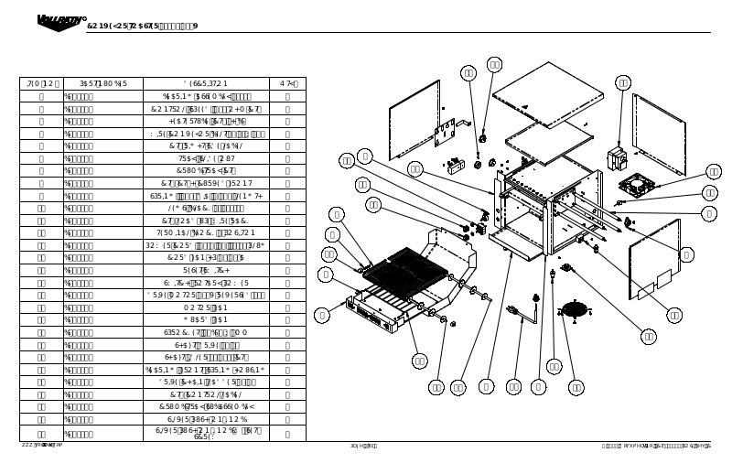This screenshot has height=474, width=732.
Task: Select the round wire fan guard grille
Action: [x=575, y=309]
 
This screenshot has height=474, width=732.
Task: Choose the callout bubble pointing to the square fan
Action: [x=714, y=172]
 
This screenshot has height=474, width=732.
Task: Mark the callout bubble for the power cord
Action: [x=514, y=387]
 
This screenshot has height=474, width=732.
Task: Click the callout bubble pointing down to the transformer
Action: [x=623, y=83]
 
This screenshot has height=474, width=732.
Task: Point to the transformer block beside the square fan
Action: [x=616, y=158]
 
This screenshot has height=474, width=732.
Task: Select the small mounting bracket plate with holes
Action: [x=446, y=133]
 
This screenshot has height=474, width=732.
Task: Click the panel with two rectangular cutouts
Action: [x=654, y=259]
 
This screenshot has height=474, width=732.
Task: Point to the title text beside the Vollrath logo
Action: [x=142, y=27]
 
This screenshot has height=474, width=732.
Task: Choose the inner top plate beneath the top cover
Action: [x=549, y=142]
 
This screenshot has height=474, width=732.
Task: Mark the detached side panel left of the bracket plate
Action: [x=414, y=119]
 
